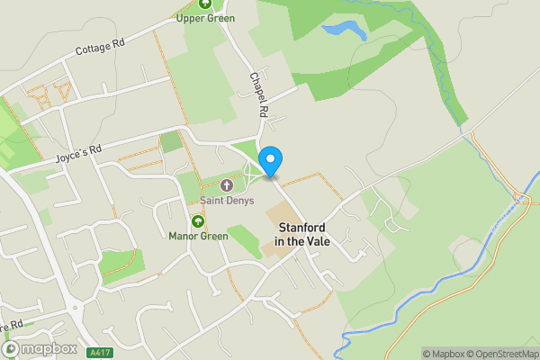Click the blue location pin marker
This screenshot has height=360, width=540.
(270, 160)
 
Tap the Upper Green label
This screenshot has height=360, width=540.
(205, 18)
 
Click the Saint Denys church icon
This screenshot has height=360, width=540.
(226, 185)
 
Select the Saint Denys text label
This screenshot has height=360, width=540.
(227, 200)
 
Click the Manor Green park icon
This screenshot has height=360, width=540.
(198, 221)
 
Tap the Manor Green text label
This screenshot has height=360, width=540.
(198, 237)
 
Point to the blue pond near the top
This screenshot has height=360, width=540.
(343, 31)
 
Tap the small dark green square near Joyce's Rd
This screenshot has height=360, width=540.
(171, 142)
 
